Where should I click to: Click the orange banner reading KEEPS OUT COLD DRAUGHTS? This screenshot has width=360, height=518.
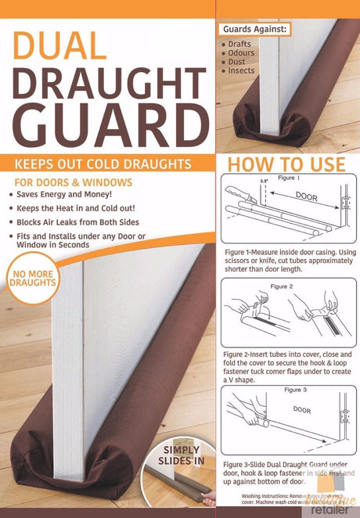pos(107,164)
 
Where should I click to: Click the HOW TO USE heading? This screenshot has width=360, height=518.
pos(286,164)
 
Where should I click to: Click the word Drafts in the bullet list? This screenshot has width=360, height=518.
pos(239,45)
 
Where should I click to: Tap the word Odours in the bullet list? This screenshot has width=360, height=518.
pos(241,53)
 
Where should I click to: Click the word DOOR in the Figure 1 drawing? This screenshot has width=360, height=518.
pos(306,197)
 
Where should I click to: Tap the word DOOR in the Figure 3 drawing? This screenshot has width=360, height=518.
pos(302,408)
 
